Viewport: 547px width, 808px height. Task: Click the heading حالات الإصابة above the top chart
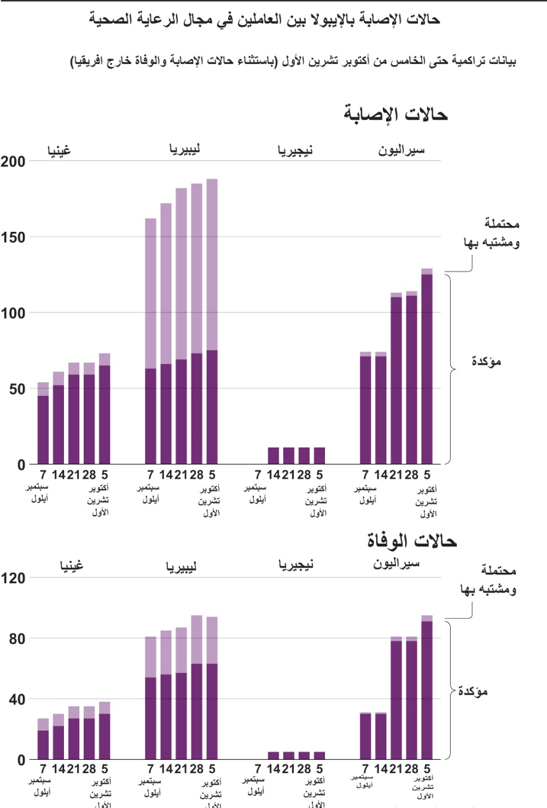(395, 114)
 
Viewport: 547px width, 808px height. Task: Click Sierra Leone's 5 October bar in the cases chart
(427, 369)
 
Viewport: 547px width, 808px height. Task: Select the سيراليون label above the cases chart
(401, 151)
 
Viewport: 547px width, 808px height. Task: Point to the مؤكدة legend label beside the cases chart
(488, 362)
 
